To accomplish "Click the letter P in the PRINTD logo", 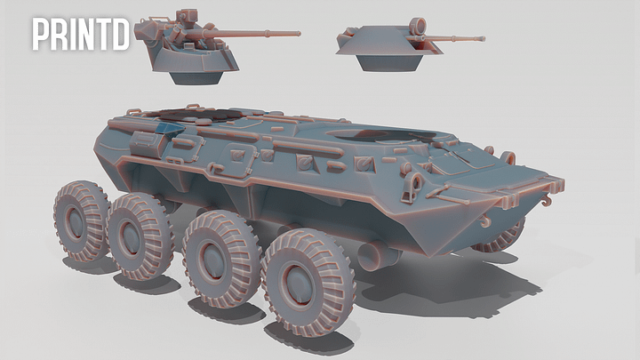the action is tap(40, 34).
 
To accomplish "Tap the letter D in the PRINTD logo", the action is tap(120, 34).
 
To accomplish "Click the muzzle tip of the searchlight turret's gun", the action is tap(484, 39).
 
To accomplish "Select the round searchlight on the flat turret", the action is tap(417, 27).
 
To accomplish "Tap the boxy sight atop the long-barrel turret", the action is tap(186, 17).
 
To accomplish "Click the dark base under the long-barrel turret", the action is tap(196, 78).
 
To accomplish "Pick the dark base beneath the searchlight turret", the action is tap(389, 63).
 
